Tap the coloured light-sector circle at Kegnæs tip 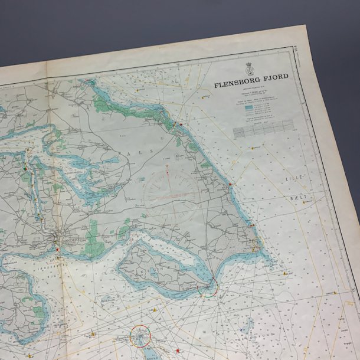pos(208,289)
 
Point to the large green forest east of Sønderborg pos(94,237)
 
